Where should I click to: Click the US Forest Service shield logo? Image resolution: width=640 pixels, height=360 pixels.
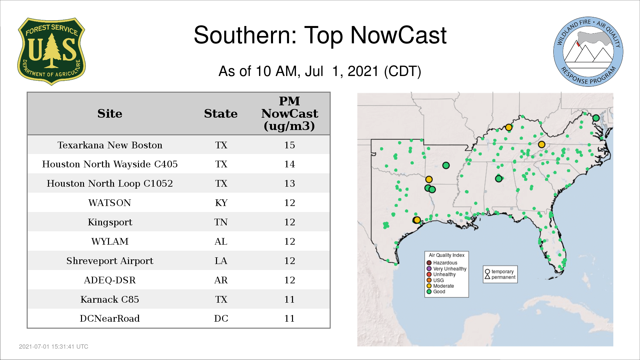tap(51, 51)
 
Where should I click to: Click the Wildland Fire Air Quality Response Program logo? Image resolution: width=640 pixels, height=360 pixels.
tap(588, 52)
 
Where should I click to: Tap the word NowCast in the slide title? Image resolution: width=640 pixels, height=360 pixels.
tap(398, 35)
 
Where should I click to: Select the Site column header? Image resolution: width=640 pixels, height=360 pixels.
tap(110, 114)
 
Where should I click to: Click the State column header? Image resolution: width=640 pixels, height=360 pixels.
tap(221, 114)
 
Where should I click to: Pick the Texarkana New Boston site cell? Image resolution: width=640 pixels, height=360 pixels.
tap(110, 145)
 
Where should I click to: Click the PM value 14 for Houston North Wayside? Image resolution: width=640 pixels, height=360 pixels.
tap(289, 164)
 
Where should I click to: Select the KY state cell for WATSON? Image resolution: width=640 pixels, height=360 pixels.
tap(221, 203)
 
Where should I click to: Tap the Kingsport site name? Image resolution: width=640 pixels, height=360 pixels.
tap(110, 222)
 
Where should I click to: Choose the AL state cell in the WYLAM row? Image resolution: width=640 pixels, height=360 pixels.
tap(221, 241)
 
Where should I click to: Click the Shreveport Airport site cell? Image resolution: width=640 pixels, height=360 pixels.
tap(110, 261)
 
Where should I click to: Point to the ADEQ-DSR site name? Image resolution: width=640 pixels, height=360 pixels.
tap(110, 280)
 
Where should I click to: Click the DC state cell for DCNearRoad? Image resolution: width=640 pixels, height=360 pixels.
tap(221, 318)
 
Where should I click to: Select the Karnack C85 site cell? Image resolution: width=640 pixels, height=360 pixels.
tap(110, 299)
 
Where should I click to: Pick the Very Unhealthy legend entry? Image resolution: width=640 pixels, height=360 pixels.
tap(447, 269)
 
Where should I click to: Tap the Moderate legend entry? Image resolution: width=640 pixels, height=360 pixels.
tap(440, 286)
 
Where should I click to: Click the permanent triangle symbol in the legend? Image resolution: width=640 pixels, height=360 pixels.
tap(487, 277)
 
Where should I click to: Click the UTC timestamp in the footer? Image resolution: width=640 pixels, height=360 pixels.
tap(54, 347)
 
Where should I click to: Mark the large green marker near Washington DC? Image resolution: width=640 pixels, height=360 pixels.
tap(596, 118)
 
